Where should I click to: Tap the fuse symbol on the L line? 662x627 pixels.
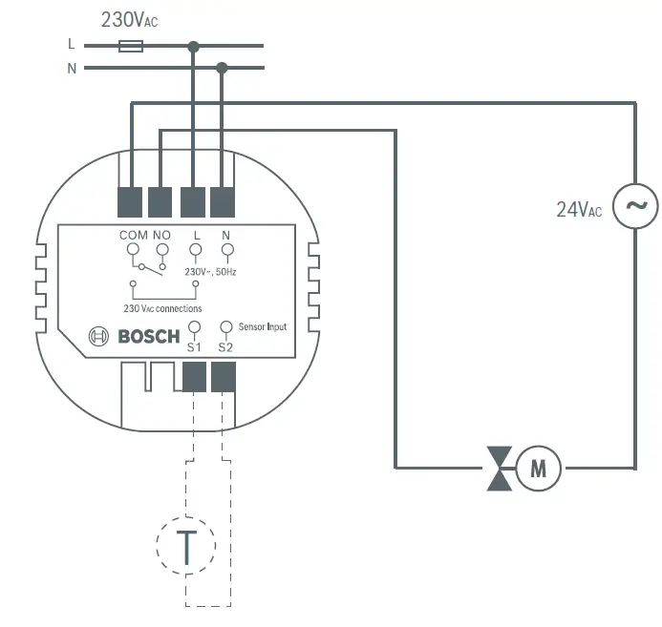click(131, 45)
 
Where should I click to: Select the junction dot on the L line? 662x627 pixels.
click(194, 45)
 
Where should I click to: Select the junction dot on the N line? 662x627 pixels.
click(223, 68)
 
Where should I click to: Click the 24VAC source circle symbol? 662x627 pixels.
click(634, 205)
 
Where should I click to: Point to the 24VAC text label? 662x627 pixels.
click(579, 210)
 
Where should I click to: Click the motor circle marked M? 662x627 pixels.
click(539, 468)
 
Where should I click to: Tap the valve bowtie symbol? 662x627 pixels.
click(500, 468)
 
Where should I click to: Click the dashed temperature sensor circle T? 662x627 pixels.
click(186, 546)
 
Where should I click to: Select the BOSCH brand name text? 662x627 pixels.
click(148, 336)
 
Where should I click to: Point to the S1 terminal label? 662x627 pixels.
click(194, 347)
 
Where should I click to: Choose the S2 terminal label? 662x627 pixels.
click(225, 347)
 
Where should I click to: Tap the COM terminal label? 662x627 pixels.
click(134, 235)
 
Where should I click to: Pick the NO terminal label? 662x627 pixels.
click(161, 235)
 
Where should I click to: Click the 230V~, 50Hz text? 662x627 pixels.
click(211, 272)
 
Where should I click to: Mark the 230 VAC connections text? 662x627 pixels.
click(162, 308)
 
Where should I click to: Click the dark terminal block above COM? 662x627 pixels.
click(131, 201)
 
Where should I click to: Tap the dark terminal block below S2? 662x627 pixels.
click(224, 379)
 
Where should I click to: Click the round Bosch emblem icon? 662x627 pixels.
click(100, 336)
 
